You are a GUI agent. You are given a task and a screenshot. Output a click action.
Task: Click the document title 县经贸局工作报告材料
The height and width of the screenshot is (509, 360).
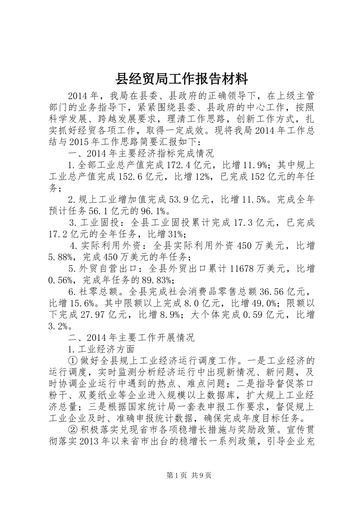tap(182, 79)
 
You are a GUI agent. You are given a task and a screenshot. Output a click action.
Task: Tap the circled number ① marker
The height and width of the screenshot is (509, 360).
tap(73, 360)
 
